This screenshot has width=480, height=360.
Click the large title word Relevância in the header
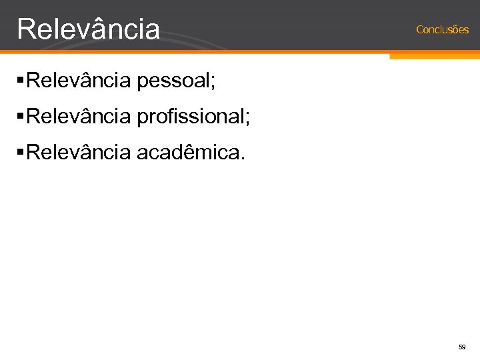click(x=89, y=29)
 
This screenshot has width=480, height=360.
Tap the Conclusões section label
click(x=442, y=29)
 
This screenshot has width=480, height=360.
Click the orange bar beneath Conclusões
click(x=434, y=56)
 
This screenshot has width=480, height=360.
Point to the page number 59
click(x=461, y=347)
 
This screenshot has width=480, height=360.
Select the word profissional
click(x=191, y=118)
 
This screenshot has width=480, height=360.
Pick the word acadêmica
click(x=188, y=154)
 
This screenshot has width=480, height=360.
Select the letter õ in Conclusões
click(x=455, y=29)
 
